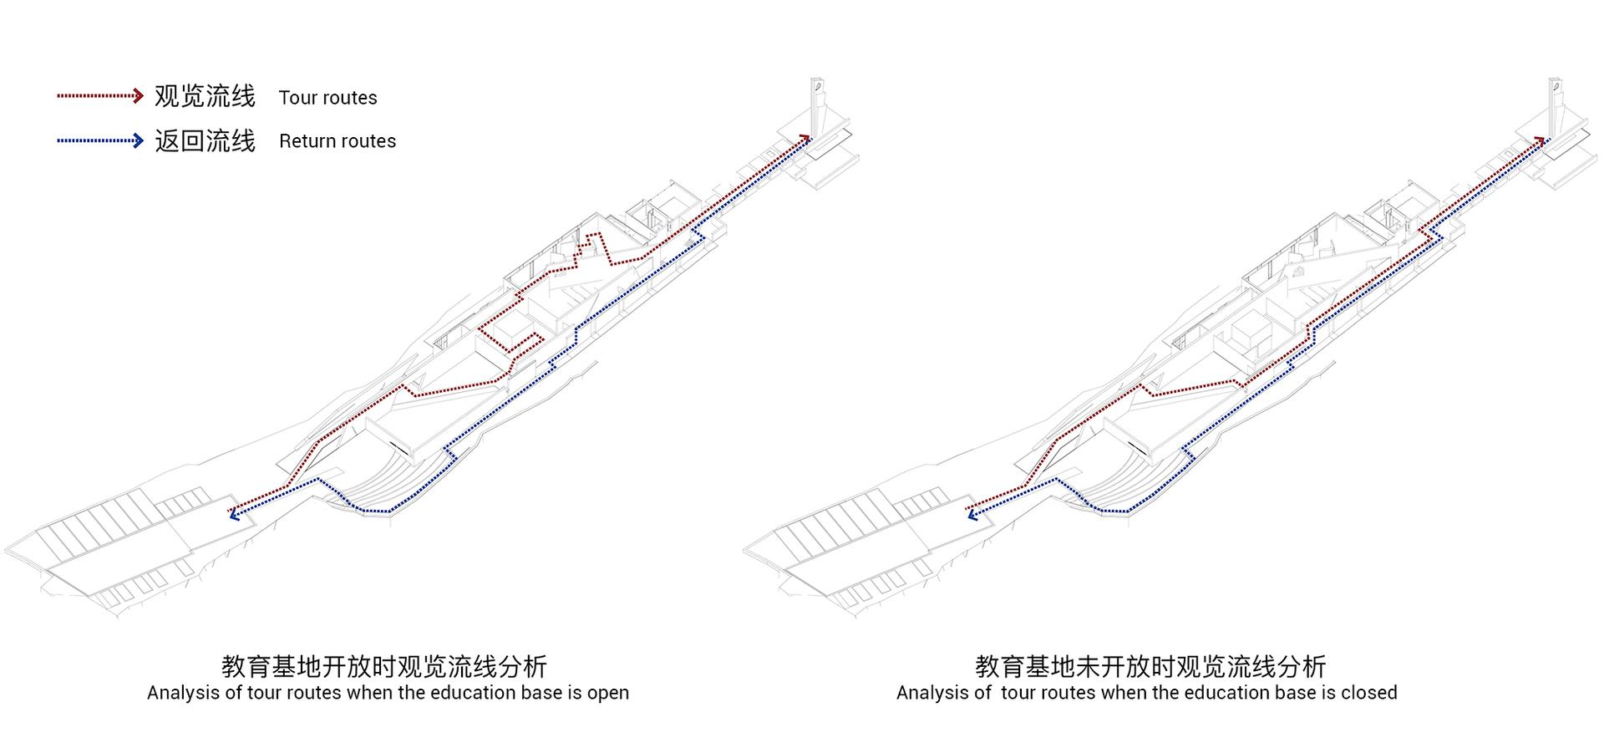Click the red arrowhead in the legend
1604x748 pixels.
coord(139,96)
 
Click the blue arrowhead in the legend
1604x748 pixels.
coord(139,140)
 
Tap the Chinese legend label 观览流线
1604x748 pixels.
coord(205,96)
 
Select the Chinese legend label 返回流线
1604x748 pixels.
coord(205,140)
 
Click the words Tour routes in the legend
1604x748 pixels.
coord(328,98)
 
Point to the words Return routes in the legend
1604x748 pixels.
coord(338,141)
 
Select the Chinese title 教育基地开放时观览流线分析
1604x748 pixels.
coord(384,666)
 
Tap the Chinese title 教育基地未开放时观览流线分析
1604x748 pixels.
coord(1150,666)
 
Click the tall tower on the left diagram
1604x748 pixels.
coord(817,104)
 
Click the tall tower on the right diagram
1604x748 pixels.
coord(1556,104)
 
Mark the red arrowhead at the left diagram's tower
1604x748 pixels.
coord(805,138)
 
